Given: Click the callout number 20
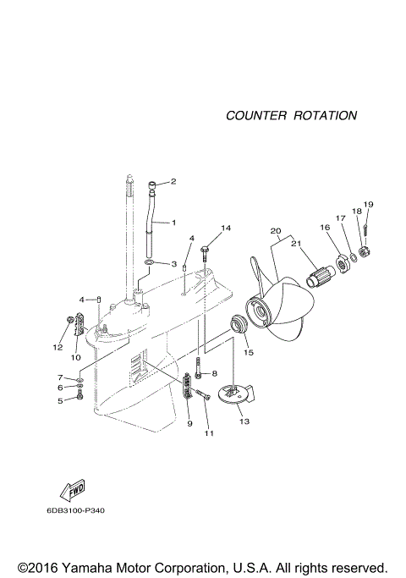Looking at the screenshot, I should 274,231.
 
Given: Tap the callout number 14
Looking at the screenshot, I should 225,228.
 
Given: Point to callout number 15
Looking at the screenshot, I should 249,352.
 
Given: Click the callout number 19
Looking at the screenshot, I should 368,204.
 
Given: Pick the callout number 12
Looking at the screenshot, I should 58,347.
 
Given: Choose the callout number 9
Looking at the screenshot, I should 189,423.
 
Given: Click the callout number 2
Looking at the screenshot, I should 173,181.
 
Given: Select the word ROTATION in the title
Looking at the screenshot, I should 325,115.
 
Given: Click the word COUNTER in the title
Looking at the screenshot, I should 255,115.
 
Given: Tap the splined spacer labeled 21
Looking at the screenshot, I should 320,277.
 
